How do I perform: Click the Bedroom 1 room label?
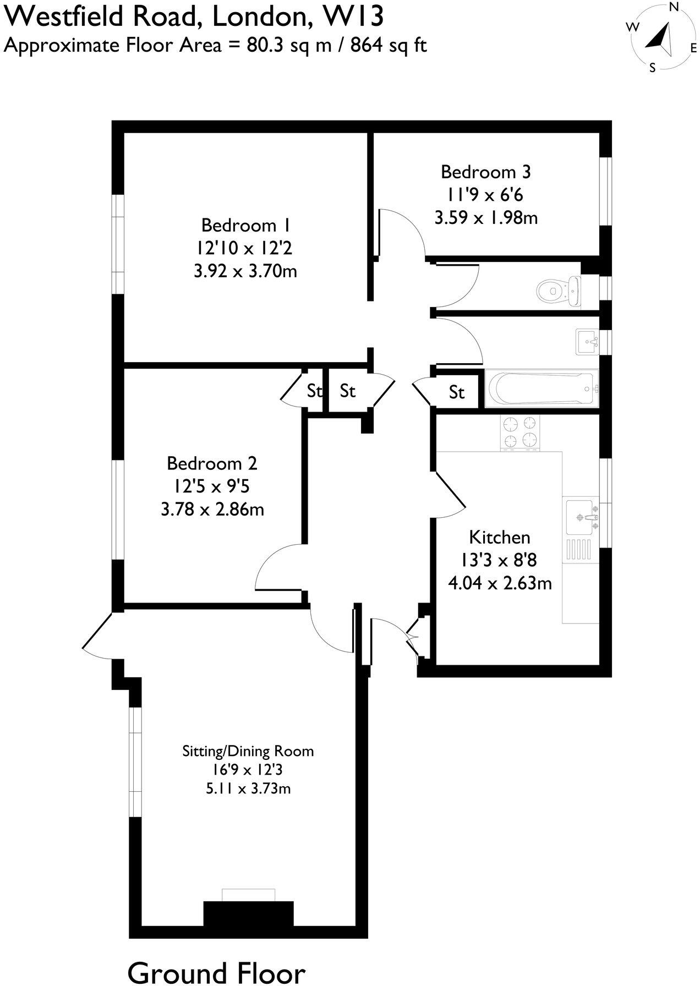click(x=245, y=226)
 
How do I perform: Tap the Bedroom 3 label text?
click(x=485, y=172)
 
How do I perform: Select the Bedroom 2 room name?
click(x=212, y=463)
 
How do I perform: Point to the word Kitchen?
click(x=500, y=537)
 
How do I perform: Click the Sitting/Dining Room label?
click(x=248, y=751)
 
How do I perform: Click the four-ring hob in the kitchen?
click(x=520, y=432)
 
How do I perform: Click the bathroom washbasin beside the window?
click(x=587, y=342)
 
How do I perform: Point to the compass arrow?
click(x=662, y=39)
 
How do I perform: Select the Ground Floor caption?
click(x=216, y=973)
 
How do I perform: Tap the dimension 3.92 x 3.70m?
click(x=245, y=271)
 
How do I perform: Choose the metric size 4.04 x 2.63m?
click(x=500, y=583)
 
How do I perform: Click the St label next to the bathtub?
click(x=457, y=392)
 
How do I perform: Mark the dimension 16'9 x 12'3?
click(x=248, y=770)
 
